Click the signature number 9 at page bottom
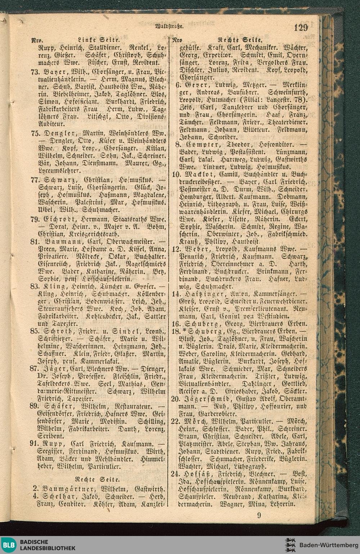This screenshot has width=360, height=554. click(x=259, y=515)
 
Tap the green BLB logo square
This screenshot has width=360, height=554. click(x=8, y=545)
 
